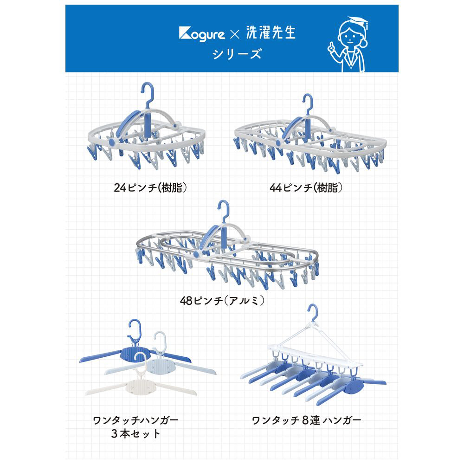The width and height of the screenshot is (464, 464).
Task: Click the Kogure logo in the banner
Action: click(x=202, y=34)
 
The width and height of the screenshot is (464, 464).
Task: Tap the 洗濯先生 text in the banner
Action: click(x=271, y=32)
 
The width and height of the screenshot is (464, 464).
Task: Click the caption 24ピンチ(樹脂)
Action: click(x=150, y=187)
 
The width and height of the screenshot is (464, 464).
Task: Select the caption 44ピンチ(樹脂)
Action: click(x=306, y=187)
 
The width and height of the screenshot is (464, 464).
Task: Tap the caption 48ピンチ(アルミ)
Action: click(x=222, y=301)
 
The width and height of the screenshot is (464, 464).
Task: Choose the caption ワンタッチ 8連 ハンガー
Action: click(x=306, y=420)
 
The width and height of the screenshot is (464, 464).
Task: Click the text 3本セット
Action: click(x=136, y=434)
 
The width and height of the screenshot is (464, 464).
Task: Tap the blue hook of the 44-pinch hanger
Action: click(x=309, y=103)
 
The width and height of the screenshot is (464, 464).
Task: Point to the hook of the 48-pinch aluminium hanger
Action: click(x=224, y=211)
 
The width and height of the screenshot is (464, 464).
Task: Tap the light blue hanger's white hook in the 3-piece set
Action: click(x=160, y=341)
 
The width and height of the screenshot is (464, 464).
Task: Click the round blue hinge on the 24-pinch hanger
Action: click(x=112, y=142)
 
